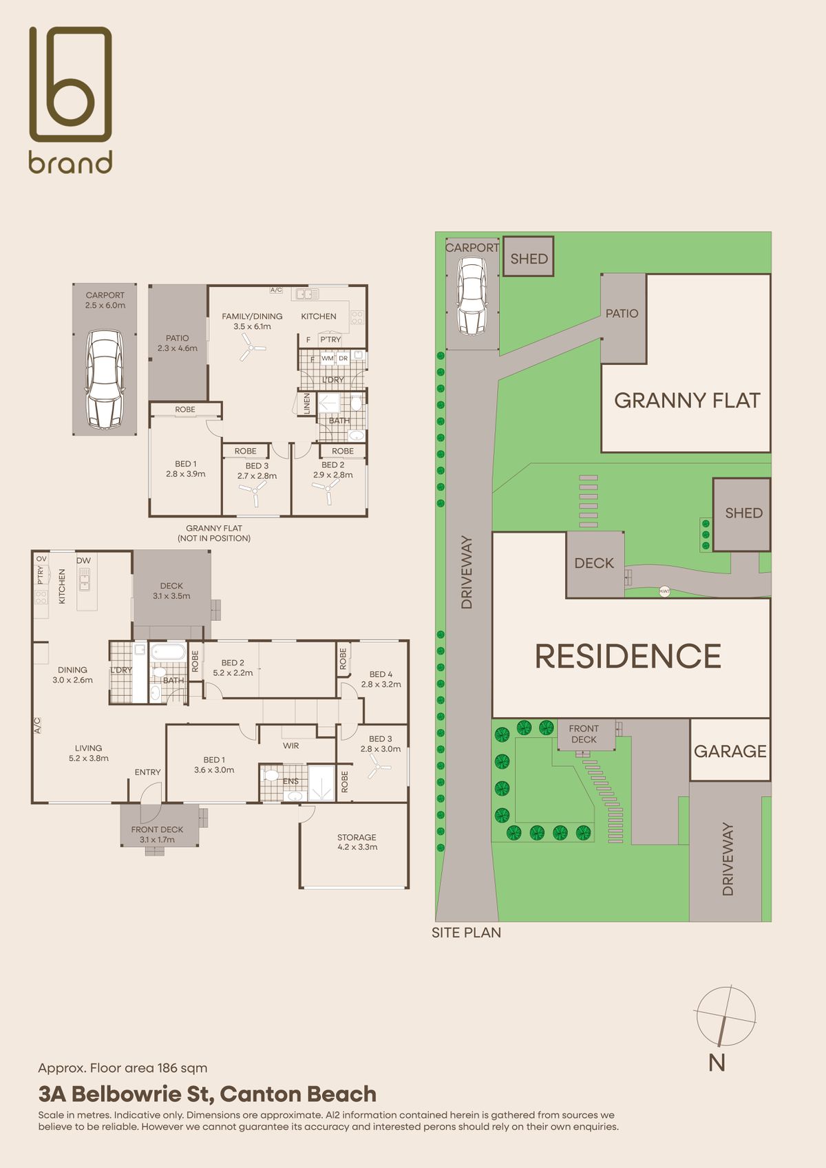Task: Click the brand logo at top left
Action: tap(70, 100)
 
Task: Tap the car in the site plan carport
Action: tap(472, 296)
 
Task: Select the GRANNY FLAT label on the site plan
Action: tap(687, 401)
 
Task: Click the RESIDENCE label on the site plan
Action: tap(628, 656)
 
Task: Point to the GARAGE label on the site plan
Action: tap(730, 752)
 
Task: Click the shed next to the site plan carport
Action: tap(528, 257)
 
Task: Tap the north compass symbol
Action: tap(726, 1017)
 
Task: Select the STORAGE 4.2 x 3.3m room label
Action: tap(357, 842)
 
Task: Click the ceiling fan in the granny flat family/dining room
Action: tap(253, 348)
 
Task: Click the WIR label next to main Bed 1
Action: tap(291, 745)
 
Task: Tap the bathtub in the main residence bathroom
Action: tap(167, 651)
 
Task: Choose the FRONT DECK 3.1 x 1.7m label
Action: tap(157, 834)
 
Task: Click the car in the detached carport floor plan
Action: tap(105, 379)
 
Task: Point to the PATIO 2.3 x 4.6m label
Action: tap(178, 343)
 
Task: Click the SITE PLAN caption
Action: tap(466, 933)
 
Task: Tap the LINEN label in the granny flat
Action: tap(306, 404)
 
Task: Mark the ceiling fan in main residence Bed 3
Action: tap(379, 766)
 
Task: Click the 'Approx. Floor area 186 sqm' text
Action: tap(123, 1068)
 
